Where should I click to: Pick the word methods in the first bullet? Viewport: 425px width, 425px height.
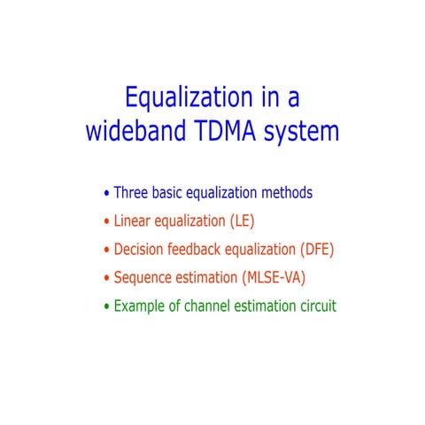284,192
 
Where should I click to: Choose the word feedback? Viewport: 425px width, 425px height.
205,249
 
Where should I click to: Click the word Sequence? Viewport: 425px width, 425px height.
146,278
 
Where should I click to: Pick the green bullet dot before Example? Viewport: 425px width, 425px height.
107,307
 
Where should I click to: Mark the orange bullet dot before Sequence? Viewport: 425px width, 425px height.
107,279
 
